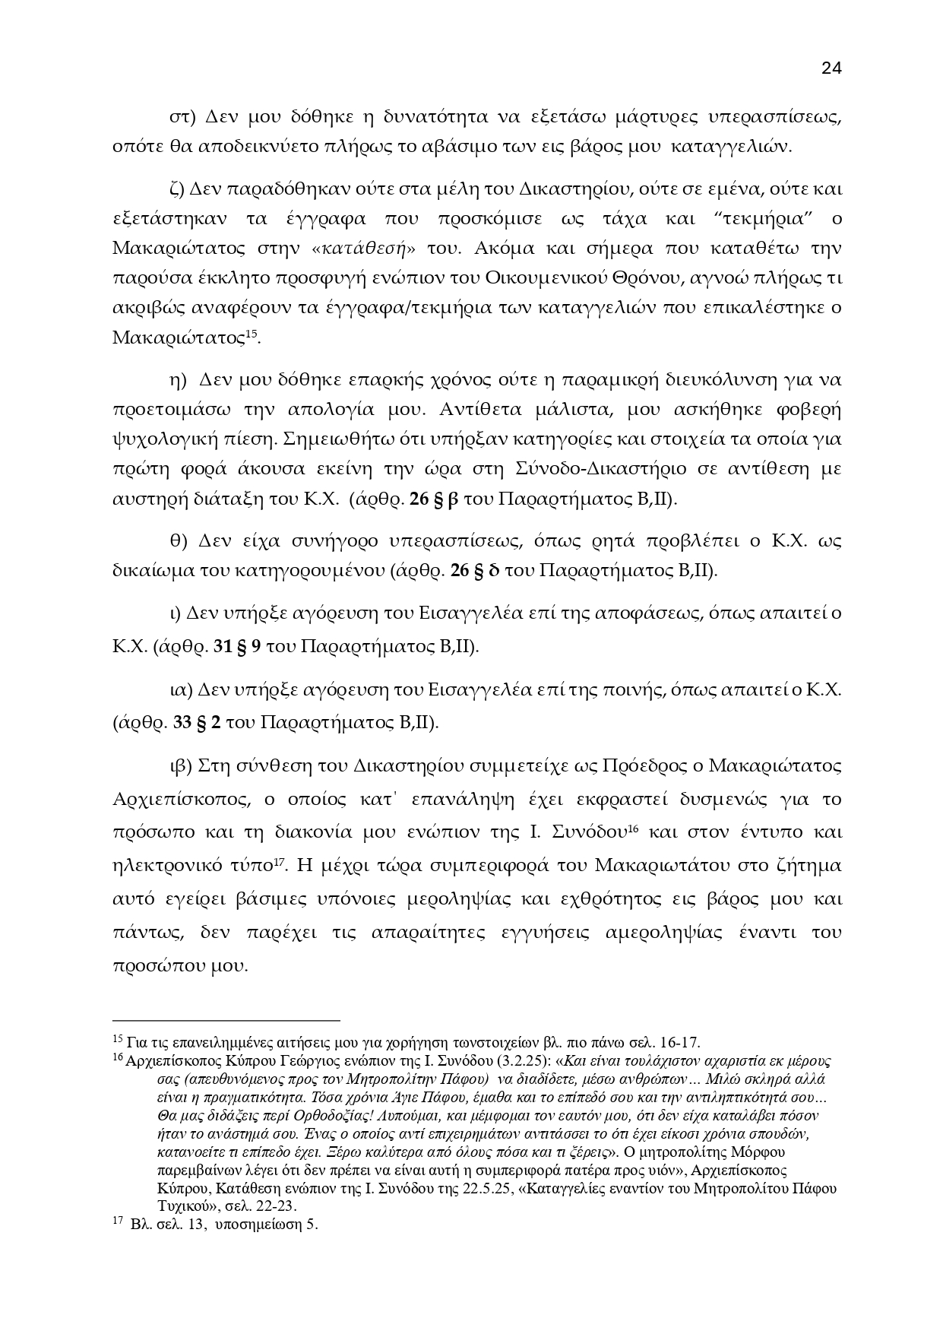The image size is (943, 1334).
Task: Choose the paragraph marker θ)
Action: [179, 541]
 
